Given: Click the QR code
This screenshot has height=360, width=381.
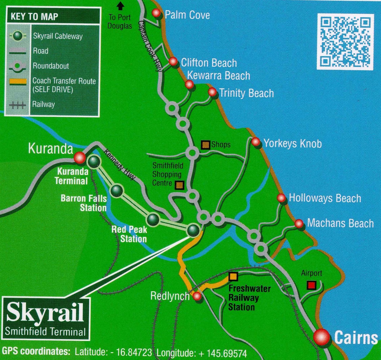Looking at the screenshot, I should (345, 42).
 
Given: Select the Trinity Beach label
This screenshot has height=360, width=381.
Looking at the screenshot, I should (246, 93).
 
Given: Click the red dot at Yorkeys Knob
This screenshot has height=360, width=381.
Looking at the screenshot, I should (255, 142).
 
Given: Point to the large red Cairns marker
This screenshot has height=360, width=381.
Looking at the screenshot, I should (322, 338).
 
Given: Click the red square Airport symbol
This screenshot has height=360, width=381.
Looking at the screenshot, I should (311, 285).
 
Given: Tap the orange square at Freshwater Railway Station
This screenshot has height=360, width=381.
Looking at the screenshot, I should (233, 276).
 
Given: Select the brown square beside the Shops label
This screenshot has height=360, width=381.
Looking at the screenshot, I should (205, 145).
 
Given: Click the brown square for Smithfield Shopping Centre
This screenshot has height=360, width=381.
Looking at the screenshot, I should (179, 185).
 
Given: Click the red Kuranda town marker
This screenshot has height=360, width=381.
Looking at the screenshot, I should (79, 158).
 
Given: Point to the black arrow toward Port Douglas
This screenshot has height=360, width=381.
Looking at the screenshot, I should (120, 5).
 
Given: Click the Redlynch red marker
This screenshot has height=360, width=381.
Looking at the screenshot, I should (197, 296).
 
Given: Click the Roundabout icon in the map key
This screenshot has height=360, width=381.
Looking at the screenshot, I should (18, 66).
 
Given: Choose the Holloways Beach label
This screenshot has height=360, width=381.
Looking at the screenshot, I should (325, 198).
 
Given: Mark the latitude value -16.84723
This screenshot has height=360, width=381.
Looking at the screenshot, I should (131, 353).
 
